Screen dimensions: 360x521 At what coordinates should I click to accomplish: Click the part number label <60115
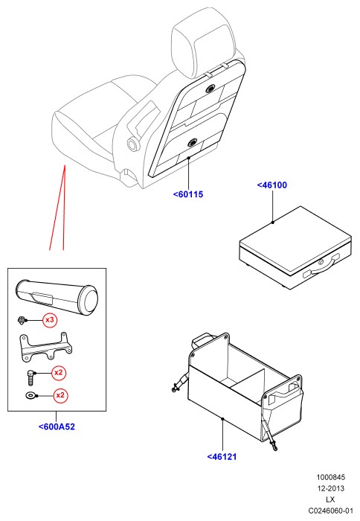point(188,194)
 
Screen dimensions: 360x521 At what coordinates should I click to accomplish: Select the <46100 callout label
point(272,185)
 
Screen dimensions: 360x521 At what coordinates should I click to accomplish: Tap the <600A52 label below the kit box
point(57,426)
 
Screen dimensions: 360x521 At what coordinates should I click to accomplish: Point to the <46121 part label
point(222,456)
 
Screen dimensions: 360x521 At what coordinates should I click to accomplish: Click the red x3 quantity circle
point(50,320)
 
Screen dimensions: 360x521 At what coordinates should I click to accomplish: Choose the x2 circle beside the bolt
point(59,372)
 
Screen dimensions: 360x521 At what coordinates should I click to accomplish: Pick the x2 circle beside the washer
point(60,395)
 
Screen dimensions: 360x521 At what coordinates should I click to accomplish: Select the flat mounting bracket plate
point(45,348)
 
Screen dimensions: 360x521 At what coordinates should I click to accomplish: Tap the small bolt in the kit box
point(30,377)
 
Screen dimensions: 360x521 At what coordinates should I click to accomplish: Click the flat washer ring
point(30,395)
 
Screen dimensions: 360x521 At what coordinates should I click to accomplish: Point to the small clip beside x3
point(22,320)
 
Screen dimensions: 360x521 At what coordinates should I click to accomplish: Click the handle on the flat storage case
point(321,267)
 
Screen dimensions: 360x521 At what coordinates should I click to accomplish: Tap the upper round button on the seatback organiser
point(210,89)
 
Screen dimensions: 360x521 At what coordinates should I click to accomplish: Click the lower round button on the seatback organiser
point(193,143)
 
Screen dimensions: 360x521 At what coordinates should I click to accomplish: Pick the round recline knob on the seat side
point(133,144)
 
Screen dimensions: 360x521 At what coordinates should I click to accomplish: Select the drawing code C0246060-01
point(330,511)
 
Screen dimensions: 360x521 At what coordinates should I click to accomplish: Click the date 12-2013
point(330,488)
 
